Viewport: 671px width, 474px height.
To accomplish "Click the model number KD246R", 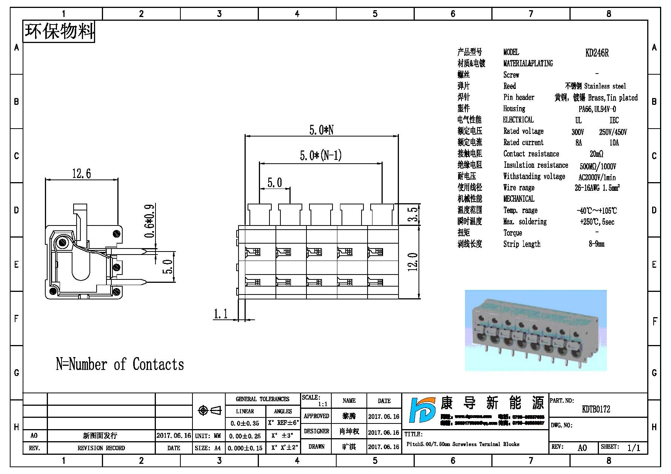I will tap(597, 53).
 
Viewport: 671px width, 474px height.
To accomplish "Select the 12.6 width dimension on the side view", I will tap(82, 173).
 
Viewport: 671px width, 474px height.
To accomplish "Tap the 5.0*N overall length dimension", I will tap(321, 130).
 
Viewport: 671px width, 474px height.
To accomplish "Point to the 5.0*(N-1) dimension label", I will tap(320, 155).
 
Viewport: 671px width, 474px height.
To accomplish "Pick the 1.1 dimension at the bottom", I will tap(221, 314).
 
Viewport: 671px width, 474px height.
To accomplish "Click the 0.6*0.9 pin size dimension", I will tap(149, 221).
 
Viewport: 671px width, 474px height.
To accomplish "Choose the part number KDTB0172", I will tap(596, 409).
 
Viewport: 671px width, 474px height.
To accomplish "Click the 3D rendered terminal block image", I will tap(536, 330).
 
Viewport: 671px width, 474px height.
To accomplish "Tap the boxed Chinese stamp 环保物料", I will tap(59, 31).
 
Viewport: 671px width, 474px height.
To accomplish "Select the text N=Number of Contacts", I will tap(120, 364).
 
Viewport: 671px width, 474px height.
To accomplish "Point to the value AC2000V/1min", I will tap(597, 177).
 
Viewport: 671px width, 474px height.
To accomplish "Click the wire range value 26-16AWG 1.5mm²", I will tap(597, 188).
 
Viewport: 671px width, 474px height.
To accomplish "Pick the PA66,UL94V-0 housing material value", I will tap(597, 109).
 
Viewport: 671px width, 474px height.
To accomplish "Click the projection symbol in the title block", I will tap(209, 410).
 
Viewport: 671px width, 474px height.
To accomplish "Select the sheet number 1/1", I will tap(634, 448).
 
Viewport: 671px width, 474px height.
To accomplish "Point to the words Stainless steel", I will tap(605, 86).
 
